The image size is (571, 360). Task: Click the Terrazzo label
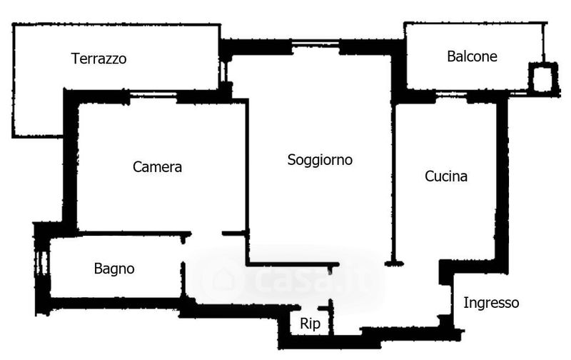99,59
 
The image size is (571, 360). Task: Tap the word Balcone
472,56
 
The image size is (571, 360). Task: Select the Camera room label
158,167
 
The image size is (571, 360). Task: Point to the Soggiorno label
320,160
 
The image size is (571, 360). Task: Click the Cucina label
446,176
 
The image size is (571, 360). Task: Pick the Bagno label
114,269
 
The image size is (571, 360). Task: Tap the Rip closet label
310,324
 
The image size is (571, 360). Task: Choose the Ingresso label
491,303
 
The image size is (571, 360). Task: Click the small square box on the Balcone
543,77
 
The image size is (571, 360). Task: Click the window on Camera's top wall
153,96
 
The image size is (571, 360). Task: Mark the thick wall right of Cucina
502,179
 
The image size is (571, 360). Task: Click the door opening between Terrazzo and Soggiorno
226,71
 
